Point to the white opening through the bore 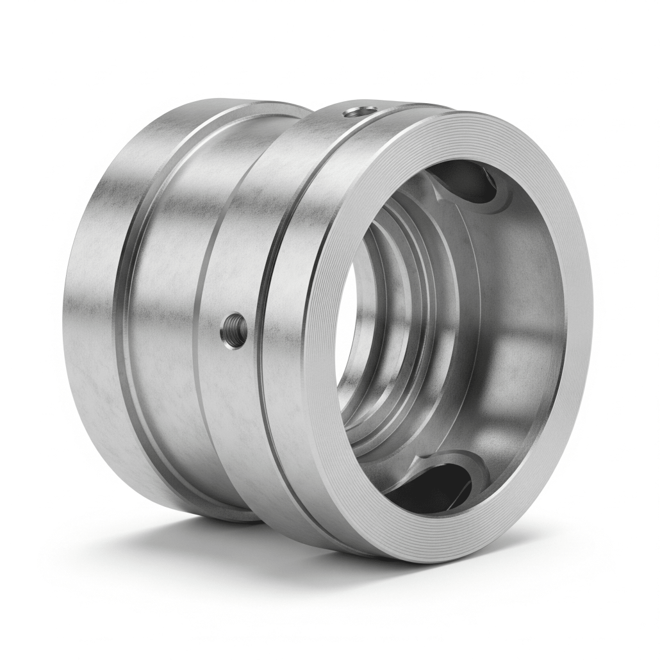click(346, 333)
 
